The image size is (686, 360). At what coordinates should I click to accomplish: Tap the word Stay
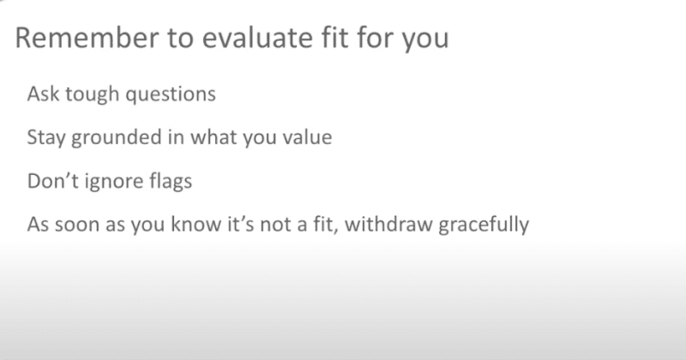tap(45, 137)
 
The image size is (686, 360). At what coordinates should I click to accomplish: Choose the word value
tap(303, 137)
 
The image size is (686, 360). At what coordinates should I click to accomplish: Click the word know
tap(190, 226)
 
